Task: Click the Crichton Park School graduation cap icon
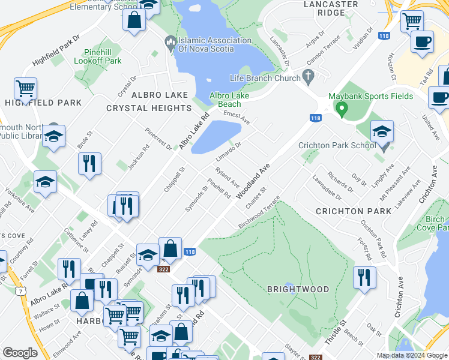click(x=382, y=132)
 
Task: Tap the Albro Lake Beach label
click(x=229, y=100)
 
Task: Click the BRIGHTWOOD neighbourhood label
click(x=298, y=289)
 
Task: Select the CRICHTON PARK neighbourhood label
click(x=354, y=211)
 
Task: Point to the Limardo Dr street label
click(x=228, y=151)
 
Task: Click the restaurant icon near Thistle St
click(x=364, y=277)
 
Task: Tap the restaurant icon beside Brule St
click(x=89, y=163)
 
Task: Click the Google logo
click(x=20, y=352)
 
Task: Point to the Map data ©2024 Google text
click(x=411, y=355)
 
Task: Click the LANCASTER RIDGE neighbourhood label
click(x=331, y=8)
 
